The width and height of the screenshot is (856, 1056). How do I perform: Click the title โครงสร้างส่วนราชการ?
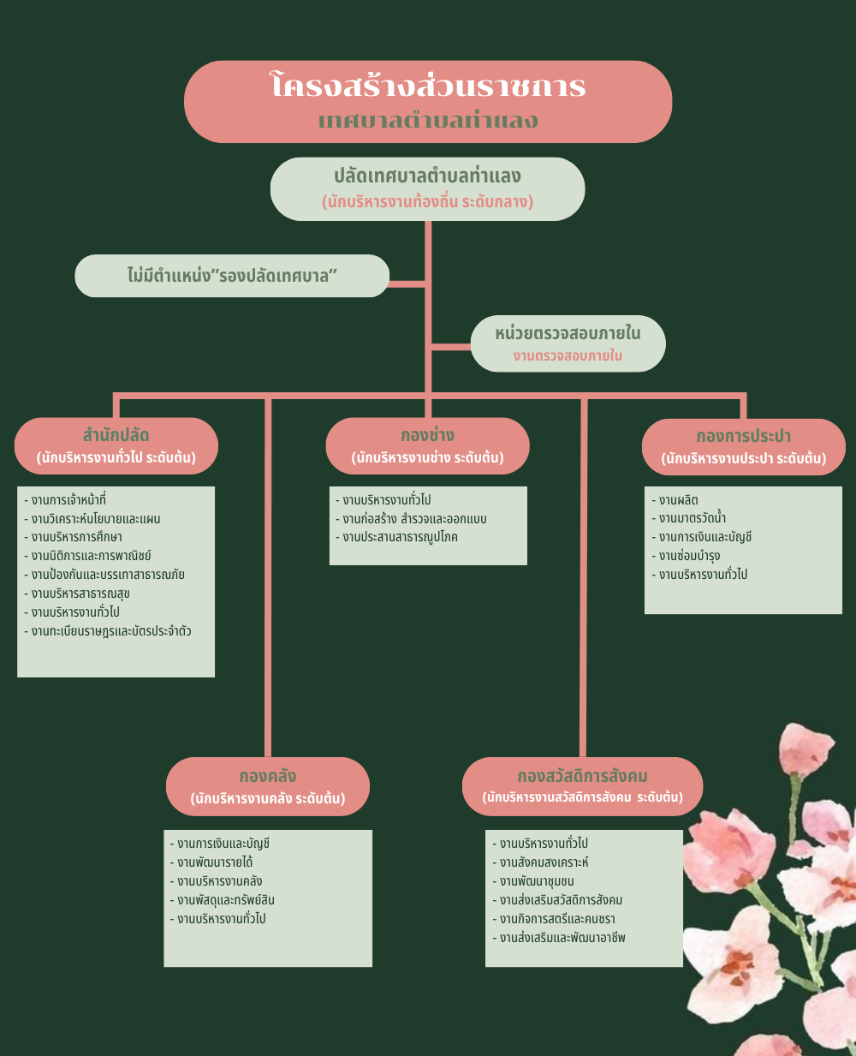click(x=428, y=87)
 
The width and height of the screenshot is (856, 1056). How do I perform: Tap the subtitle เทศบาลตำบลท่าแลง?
click(x=428, y=121)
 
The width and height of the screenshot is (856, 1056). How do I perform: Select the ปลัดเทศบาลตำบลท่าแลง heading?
click(x=427, y=176)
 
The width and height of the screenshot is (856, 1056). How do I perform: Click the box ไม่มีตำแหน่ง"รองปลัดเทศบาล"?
click(x=232, y=276)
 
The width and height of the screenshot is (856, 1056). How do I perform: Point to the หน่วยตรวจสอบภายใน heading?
click(x=568, y=333)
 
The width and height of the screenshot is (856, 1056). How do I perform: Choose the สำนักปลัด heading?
click(x=116, y=435)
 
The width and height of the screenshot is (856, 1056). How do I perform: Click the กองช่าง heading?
click(x=427, y=435)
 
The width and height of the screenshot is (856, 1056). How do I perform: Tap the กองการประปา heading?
click(x=743, y=436)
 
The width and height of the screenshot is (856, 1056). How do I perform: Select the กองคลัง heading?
click(x=267, y=776)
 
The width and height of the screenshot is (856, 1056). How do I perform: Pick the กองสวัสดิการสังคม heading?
click(x=582, y=776)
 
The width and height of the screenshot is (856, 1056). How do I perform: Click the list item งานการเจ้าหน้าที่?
click(x=68, y=500)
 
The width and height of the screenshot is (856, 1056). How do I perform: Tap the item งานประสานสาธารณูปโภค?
click(x=400, y=538)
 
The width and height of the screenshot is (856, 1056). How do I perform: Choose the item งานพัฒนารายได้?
click(x=215, y=862)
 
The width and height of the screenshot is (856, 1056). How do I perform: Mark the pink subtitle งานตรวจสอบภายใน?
click(x=568, y=355)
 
